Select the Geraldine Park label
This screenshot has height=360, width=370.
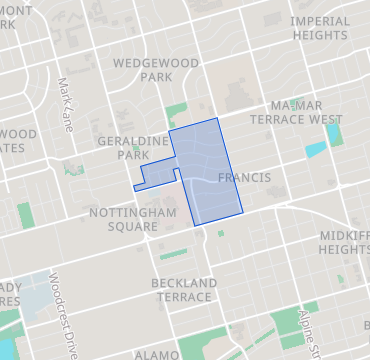133,148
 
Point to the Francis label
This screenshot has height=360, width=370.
243,178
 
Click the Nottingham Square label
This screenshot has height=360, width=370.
132,219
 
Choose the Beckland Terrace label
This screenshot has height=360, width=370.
183,290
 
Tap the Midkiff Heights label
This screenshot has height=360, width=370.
346,241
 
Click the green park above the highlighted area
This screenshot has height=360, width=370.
176,111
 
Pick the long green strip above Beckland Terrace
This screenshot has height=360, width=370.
174,254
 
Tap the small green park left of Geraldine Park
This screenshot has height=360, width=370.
73,169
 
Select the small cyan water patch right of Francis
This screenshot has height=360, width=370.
314,152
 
